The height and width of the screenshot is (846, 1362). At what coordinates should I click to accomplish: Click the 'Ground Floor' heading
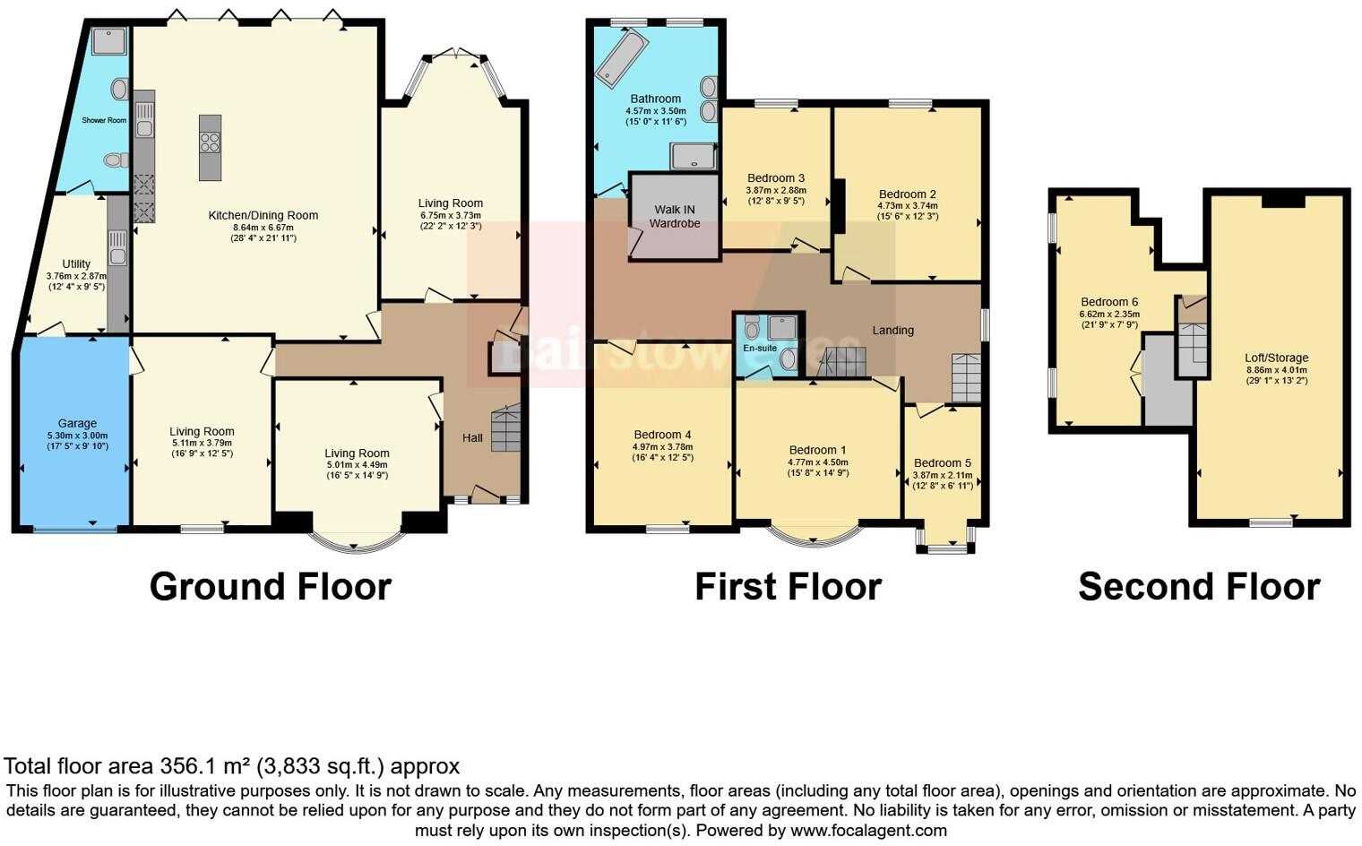tap(270, 587)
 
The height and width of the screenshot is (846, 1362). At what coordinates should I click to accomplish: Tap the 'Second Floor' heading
tap(1198, 587)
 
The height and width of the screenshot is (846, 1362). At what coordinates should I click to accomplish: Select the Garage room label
tap(77, 423)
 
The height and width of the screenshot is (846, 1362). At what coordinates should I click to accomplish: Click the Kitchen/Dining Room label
tap(263, 215)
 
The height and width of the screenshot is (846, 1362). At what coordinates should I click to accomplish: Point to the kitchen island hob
tap(210, 142)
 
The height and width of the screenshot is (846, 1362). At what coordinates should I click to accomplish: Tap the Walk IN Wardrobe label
tap(674, 216)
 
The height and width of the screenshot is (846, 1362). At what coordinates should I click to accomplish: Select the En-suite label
tap(760, 348)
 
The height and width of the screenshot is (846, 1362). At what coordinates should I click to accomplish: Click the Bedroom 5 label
tap(942, 463)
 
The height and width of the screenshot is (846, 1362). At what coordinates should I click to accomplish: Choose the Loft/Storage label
tap(1276, 358)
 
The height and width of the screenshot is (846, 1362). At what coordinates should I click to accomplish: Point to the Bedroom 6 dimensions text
tap(1109, 320)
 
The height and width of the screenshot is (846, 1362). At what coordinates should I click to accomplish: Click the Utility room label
tap(76, 264)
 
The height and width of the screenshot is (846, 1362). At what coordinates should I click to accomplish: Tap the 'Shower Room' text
tap(104, 120)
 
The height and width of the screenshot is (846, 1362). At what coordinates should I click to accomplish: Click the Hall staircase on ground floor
tap(505, 429)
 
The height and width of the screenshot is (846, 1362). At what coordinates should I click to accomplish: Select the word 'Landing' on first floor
tap(892, 330)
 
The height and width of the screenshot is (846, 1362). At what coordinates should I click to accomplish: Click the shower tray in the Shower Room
tap(109, 41)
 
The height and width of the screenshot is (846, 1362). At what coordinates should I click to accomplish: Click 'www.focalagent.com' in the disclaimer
tap(868, 830)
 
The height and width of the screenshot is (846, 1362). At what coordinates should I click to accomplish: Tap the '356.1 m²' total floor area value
tap(205, 766)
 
